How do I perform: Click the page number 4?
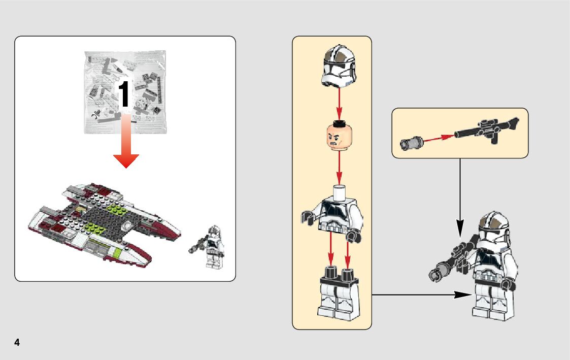17,343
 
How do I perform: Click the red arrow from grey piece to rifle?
437,138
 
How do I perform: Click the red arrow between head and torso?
339,167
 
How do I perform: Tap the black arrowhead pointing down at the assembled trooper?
459,227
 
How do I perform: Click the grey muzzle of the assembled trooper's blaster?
435,273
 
